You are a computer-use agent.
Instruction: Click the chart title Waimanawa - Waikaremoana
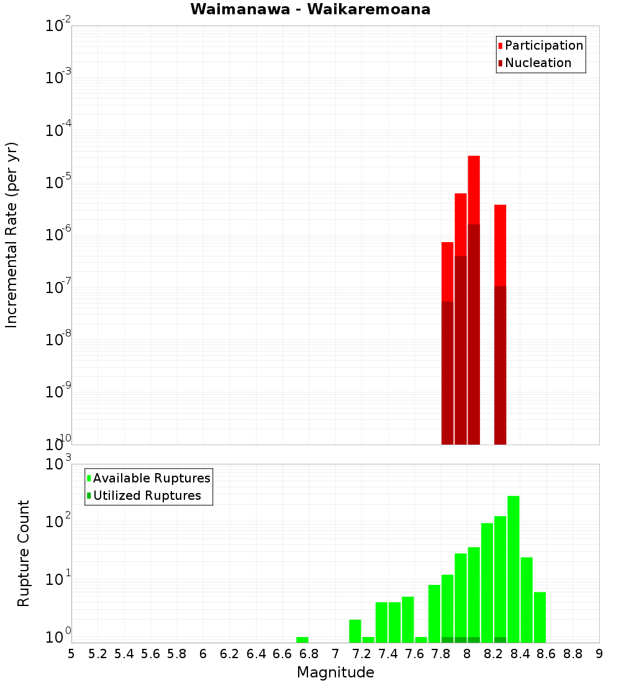[310, 9]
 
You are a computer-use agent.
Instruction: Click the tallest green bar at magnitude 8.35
[514, 568]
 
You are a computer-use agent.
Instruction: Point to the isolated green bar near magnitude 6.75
[302, 640]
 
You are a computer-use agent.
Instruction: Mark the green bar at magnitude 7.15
[355, 630]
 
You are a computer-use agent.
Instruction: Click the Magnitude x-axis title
[335, 672]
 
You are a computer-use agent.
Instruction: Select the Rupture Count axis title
[24, 553]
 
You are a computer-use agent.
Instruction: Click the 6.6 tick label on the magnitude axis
[283, 654]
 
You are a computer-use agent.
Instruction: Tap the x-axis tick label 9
[599, 654]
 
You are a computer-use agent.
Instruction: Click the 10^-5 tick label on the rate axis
[58, 183]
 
